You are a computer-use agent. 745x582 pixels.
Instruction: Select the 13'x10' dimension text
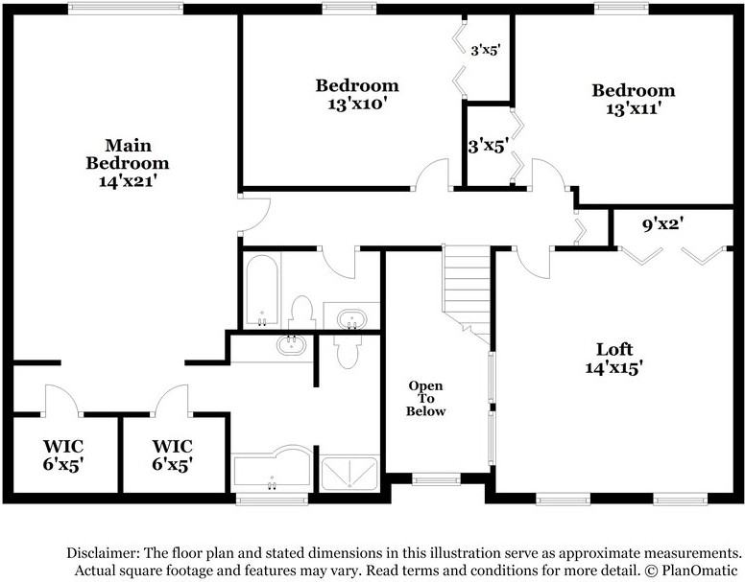356,103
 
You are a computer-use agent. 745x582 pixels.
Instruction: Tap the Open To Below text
426,399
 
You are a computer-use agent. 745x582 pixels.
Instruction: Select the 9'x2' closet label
661,227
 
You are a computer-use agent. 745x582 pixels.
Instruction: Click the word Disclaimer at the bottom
102,554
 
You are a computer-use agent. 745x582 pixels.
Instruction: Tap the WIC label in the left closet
62,447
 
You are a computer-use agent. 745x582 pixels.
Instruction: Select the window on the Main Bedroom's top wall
125,10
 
